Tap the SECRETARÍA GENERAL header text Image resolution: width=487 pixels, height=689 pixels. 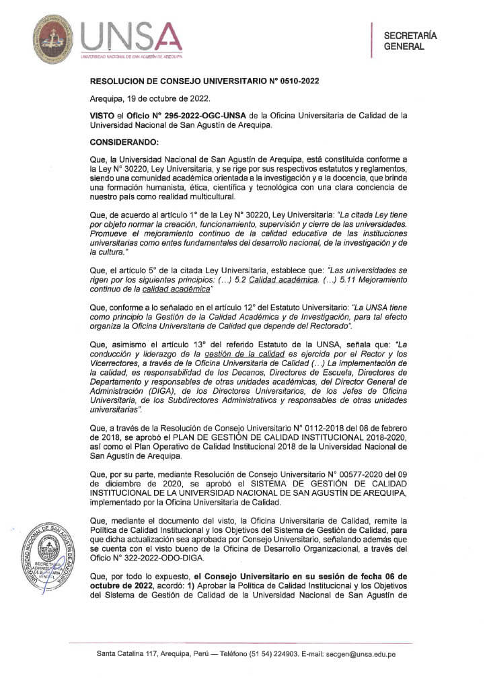[410, 41]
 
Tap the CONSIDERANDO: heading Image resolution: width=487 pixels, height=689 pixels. [124, 142]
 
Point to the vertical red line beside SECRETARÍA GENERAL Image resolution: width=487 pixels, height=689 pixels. [372, 40]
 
